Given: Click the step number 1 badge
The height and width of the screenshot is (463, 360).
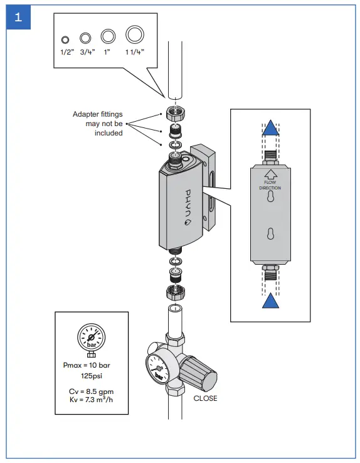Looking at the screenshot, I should tap(18, 18).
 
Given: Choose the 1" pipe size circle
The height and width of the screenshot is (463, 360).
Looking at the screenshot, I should tap(109, 35).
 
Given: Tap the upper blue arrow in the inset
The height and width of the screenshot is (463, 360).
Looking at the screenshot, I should tap(270, 129).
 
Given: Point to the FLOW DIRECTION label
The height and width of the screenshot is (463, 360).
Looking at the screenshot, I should tap(270, 185).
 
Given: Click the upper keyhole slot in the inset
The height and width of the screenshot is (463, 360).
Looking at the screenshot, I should tap(270, 198).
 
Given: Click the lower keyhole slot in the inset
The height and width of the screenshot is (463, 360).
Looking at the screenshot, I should tap(270, 233).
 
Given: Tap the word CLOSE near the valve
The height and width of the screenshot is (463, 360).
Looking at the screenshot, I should tap(205, 398).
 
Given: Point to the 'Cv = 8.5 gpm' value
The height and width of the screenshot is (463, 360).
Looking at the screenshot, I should tap(92, 391).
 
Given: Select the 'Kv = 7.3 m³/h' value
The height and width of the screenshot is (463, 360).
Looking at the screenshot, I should tap(92, 400).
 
